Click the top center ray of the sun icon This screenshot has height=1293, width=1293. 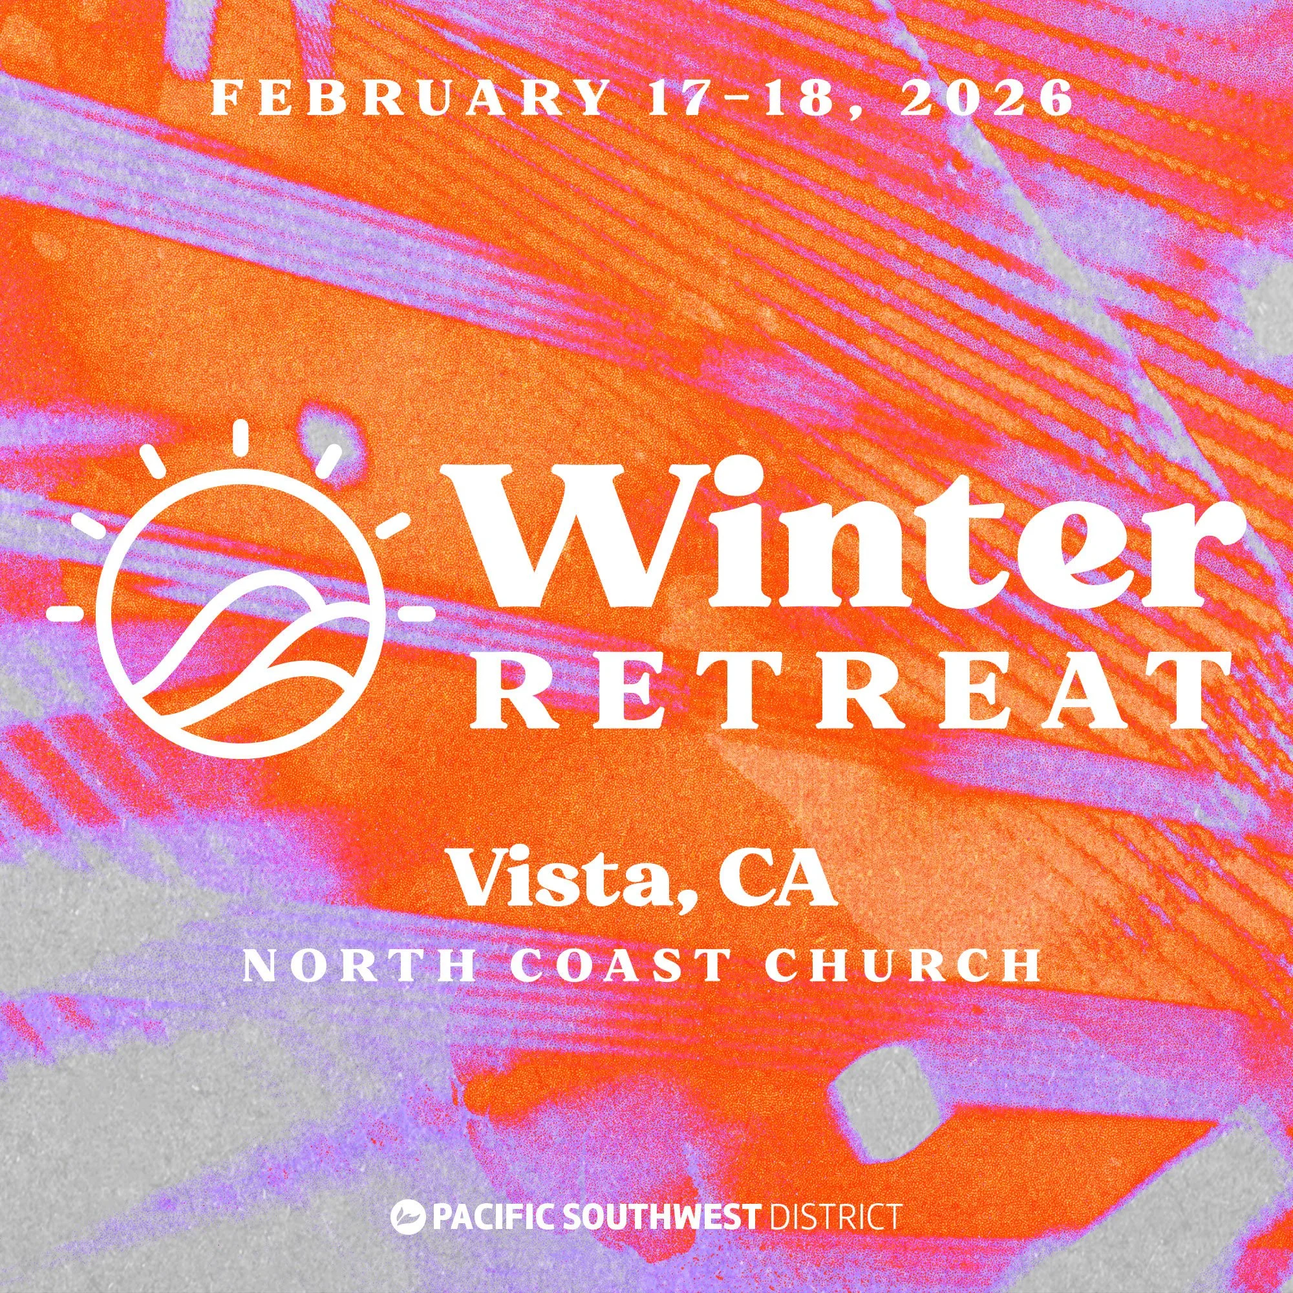click(239, 440)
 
